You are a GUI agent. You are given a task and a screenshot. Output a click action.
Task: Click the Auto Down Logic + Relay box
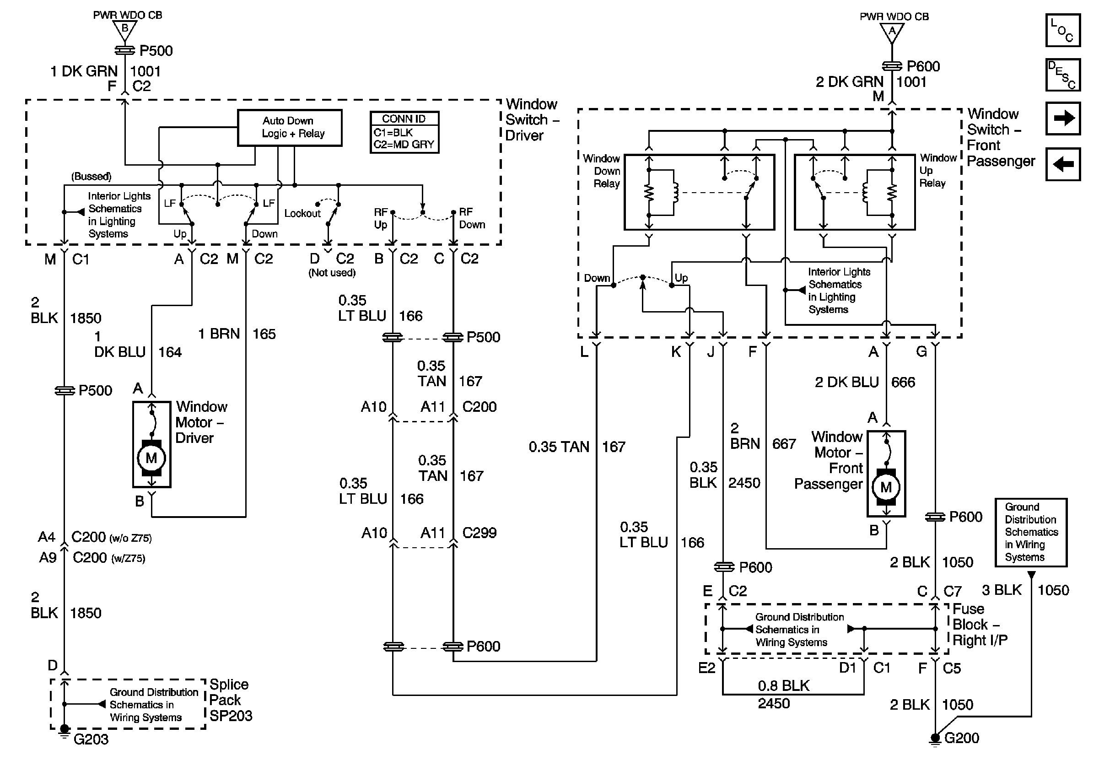(x=290, y=128)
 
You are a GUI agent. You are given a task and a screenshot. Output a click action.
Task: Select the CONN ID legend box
(x=404, y=132)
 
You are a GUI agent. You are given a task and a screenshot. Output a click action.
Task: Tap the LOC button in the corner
(x=1062, y=30)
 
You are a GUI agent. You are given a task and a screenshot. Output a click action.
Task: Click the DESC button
(x=1062, y=75)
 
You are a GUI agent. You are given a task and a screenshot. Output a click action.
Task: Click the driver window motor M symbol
(x=151, y=458)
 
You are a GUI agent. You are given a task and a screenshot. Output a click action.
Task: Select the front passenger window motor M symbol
(x=886, y=487)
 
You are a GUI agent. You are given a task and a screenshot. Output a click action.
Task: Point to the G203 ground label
(x=91, y=739)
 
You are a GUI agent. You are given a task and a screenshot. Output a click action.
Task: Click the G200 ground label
(x=962, y=738)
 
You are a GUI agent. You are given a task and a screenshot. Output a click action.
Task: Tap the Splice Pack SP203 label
(x=230, y=700)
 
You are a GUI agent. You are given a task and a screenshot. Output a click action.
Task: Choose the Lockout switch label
(x=302, y=213)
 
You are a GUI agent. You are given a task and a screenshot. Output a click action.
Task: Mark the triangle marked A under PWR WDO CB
(x=892, y=32)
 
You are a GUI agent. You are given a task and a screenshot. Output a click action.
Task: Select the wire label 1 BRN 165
(x=237, y=334)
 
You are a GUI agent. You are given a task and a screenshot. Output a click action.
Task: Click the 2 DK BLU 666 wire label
(x=865, y=383)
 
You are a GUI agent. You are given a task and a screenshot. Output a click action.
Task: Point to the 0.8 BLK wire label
(x=784, y=686)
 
